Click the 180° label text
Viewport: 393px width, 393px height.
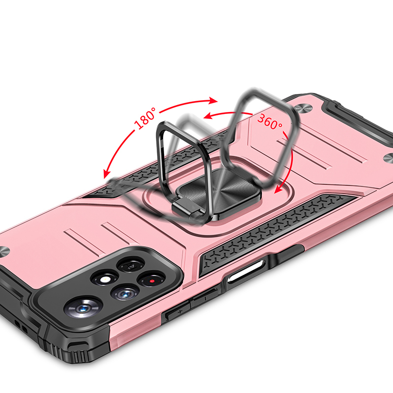tap(145, 118)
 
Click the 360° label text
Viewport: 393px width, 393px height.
tap(270, 122)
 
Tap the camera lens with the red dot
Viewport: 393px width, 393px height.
tap(152, 280)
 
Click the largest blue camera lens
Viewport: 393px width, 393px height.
tap(82, 308)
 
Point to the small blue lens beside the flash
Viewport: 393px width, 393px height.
tap(125, 293)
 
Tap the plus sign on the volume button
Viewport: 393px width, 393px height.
tap(180, 312)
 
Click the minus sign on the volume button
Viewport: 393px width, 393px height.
tap(205, 299)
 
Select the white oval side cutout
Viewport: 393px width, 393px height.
tap(246, 272)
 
